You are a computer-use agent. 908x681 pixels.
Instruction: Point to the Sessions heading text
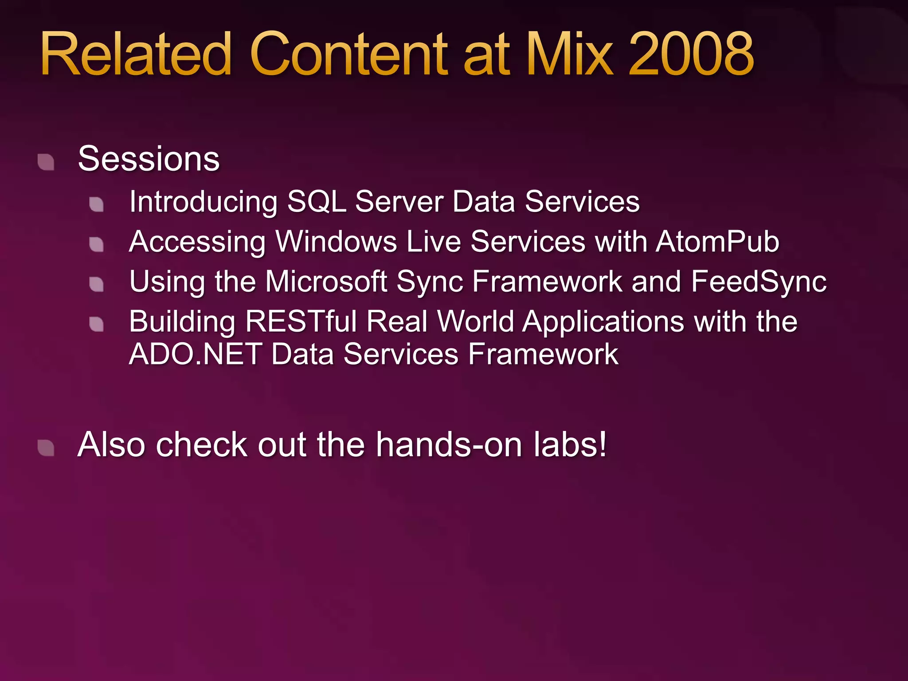coord(149,159)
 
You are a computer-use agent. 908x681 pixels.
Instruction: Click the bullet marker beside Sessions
coord(46,162)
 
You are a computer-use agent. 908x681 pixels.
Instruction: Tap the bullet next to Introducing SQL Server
coord(97,204)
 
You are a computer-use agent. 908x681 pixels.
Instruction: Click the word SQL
coord(316,202)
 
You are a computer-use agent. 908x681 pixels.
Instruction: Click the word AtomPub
coord(717,242)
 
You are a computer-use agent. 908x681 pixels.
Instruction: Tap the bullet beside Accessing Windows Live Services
coord(97,244)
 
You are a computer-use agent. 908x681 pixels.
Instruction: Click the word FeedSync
coord(759,282)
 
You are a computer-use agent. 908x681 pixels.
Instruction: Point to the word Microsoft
coord(326,282)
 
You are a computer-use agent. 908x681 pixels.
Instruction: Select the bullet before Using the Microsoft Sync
coord(97,284)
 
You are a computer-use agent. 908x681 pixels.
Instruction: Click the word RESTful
coord(301,321)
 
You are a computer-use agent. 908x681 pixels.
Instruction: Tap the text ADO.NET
coord(195,354)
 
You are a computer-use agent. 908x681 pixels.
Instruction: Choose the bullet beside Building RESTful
coord(97,324)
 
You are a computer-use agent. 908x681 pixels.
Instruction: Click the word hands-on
coord(449,444)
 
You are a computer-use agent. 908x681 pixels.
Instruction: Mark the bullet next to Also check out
coord(46,448)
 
